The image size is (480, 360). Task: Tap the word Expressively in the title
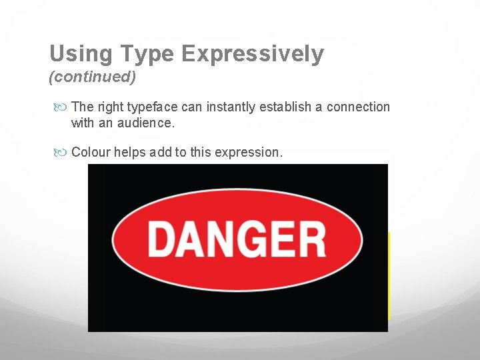254,54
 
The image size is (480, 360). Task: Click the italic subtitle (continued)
93,77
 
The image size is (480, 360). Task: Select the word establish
285,107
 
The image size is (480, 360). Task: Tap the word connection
358,107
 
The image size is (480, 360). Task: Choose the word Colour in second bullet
91,153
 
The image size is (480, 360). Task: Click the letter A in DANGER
190,239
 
